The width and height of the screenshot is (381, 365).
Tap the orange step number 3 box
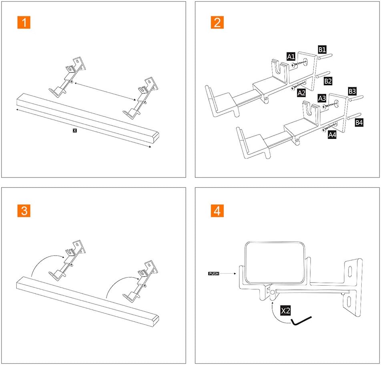tap(24, 211)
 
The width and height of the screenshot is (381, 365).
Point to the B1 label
tap(322, 50)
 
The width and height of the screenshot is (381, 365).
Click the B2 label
tap(328, 81)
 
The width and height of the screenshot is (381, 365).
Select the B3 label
tap(352, 91)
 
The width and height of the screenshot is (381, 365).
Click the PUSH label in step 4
tap(213, 274)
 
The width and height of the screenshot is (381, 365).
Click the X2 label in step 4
tap(285, 310)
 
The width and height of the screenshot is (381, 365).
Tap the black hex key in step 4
tap(301, 321)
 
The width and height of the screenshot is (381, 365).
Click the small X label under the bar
tap(74, 130)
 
